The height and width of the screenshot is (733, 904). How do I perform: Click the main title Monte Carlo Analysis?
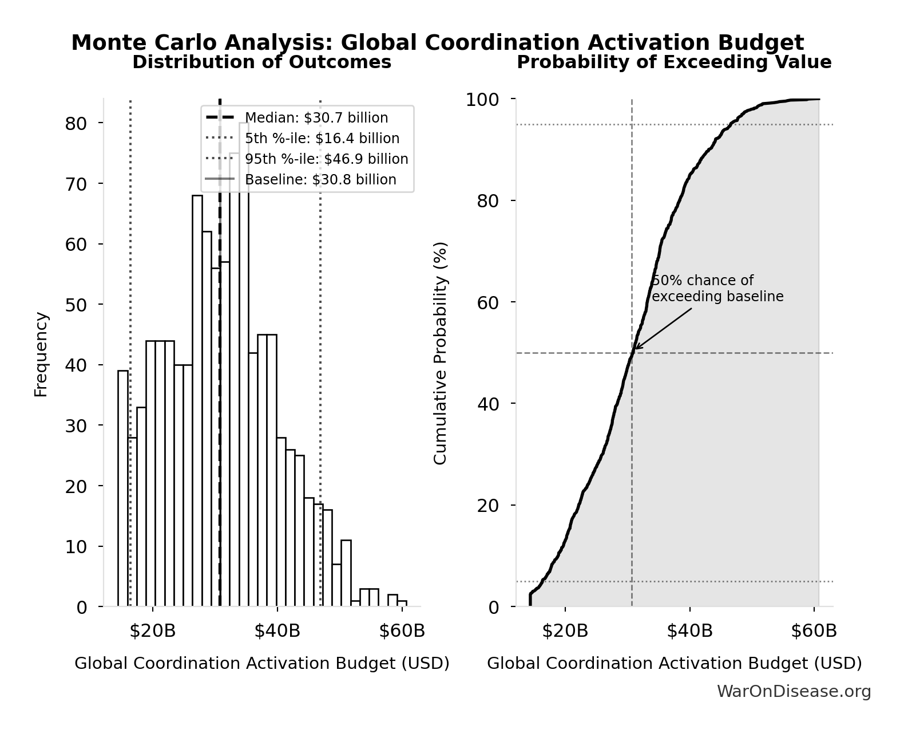coord(437,43)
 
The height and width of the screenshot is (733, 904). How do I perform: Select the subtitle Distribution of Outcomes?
coord(261,62)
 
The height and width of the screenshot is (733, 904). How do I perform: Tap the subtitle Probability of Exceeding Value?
coord(673,62)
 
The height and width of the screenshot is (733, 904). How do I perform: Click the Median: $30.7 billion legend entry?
coord(316,118)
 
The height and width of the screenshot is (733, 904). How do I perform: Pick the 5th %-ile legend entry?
coord(322,139)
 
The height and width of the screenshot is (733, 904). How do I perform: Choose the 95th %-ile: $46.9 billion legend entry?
coord(326,159)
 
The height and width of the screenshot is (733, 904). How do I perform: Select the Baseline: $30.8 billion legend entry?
coord(320,180)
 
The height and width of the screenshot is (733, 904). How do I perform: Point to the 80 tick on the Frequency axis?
coord(76,124)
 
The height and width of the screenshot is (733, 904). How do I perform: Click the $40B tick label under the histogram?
coord(277,631)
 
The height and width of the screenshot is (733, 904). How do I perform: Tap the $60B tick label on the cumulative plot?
coord(814,631)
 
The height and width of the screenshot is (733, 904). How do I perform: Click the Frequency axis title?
coord(41,354)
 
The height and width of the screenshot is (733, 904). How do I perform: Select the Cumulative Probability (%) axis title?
coord(440,353)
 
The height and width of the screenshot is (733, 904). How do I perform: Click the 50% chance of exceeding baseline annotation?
coord(717,289)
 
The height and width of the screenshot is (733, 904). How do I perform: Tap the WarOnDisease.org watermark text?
coord(794,692)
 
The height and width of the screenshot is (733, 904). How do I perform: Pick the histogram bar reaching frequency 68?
coord(197,401)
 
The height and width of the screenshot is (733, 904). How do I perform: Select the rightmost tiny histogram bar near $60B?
coord(402,604)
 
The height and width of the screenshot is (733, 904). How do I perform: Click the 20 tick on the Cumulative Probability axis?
coord(487,506)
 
